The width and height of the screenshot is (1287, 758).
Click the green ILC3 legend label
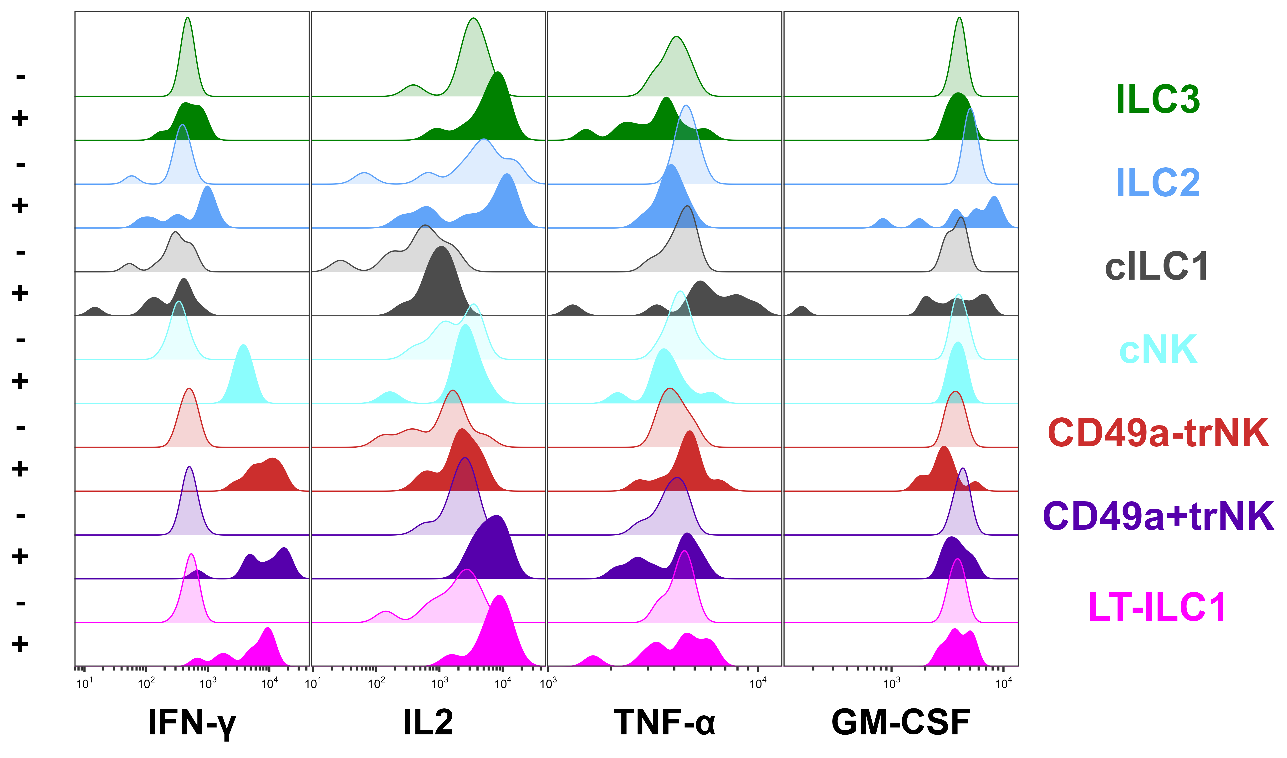tap(1158, 99)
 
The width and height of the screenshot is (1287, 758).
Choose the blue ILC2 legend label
tap(1158, 182)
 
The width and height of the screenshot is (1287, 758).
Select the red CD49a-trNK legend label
tap(1158, 433)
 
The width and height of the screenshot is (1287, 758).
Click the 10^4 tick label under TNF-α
tap(758, 683)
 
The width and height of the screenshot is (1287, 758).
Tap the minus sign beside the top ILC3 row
tap(20, 77)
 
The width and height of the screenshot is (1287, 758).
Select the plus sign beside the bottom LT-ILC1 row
tap(20, 645)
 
